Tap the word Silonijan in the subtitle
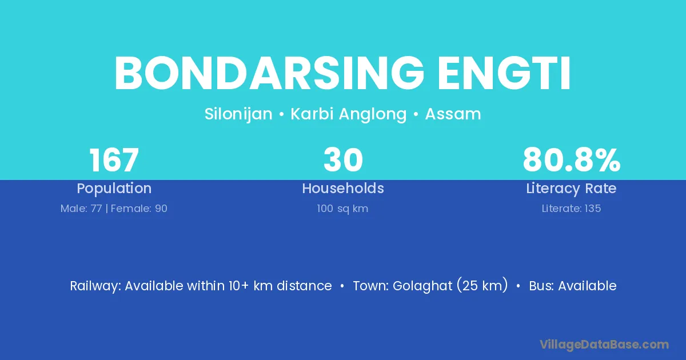(x=238, y=114)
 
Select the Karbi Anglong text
(x=349, y=114)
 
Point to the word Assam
(x=453, y=114)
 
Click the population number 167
(x=114, y=160)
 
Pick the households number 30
(x=343, y=160)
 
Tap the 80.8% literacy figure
(x=572, y=160)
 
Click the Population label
(x=114, y=189)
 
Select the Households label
(x=343, y=188)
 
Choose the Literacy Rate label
(x=571, y=189)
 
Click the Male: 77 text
(x=81, y=209)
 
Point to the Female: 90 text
(x=139, y=209)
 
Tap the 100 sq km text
(x=342, y=209)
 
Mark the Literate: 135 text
(x=571, y=209)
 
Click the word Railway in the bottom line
(x=95, y=286)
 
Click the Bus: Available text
(x=573, y=286)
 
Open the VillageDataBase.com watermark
(x=604, y=345)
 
